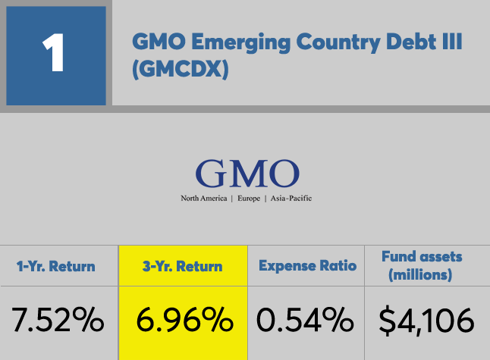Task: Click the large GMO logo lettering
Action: [246, 174]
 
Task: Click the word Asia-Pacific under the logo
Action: [289, 199]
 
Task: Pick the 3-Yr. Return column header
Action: [183, 266]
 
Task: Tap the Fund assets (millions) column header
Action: [422, 266]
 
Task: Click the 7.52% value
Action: [58, 321]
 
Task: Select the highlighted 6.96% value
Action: [184, 321]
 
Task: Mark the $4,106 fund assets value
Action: [426, 321]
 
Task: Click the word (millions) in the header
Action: [422, 275]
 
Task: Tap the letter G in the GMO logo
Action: [212, 174]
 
